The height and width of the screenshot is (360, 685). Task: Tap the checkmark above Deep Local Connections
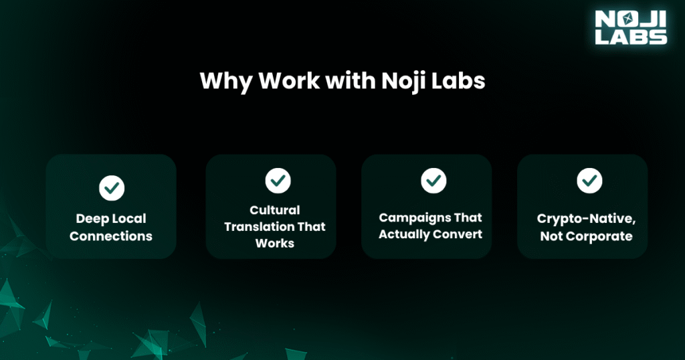111,188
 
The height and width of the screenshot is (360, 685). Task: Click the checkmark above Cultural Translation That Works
278,180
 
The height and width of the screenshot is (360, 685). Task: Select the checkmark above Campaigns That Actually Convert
433,180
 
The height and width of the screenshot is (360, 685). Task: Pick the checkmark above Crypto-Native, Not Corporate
589,180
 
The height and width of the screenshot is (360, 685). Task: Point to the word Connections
111,236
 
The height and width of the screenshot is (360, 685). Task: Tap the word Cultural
275,210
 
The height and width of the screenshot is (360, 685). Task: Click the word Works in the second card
275,244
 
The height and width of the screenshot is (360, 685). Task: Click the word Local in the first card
128,219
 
